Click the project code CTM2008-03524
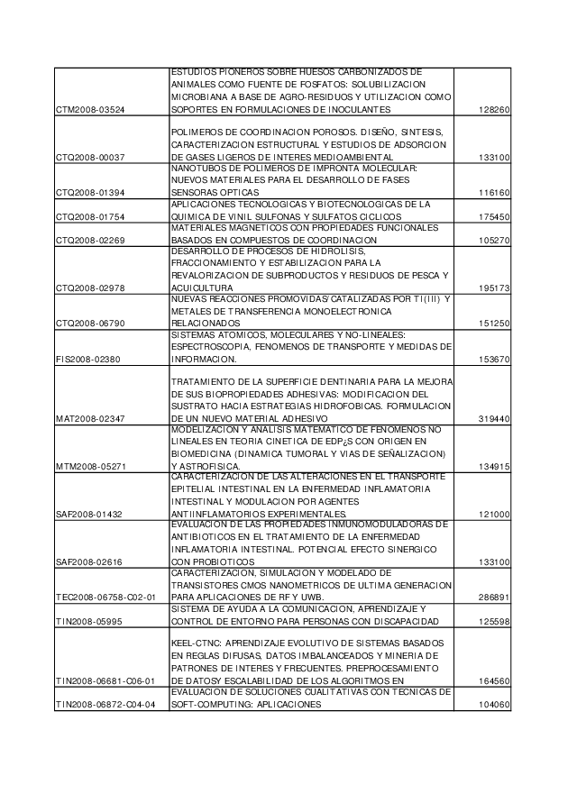coord(90,109)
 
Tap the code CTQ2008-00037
coord(90,157)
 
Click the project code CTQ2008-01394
coord(90,193)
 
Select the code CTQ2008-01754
coord(90,217)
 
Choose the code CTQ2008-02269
coord(90,241)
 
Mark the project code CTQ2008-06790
coord(90,324)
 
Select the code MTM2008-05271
coord(89,466)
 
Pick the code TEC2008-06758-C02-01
coord(105,597)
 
